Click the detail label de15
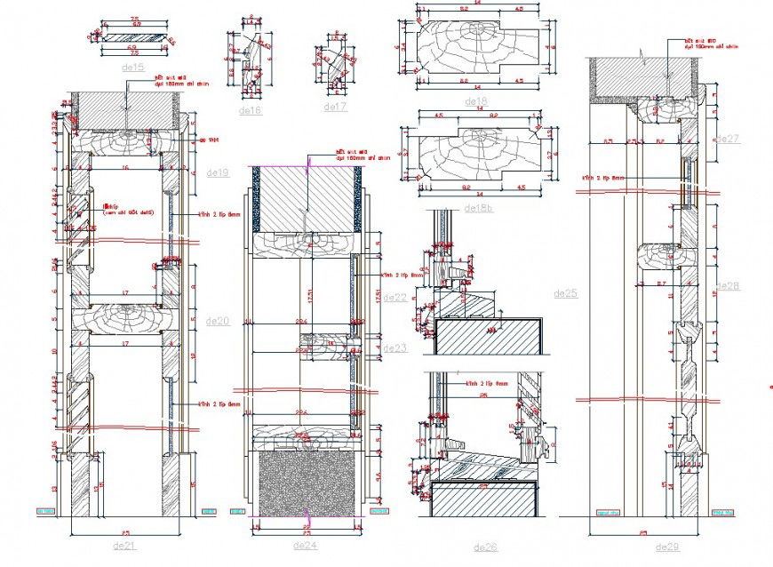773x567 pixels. pos(131,67)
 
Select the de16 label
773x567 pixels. pos(250,111)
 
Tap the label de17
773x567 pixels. pos(335,107)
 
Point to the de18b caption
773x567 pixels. pos(477,208)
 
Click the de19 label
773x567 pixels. pos(218,172)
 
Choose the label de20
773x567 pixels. pos(218,321)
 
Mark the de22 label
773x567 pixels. pos(394,298)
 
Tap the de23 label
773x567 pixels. pos(394,348)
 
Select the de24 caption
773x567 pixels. pos(305,545)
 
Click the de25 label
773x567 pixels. pos(565,293)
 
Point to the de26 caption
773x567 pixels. pos(485,547)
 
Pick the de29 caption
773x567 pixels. pos(666,546)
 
